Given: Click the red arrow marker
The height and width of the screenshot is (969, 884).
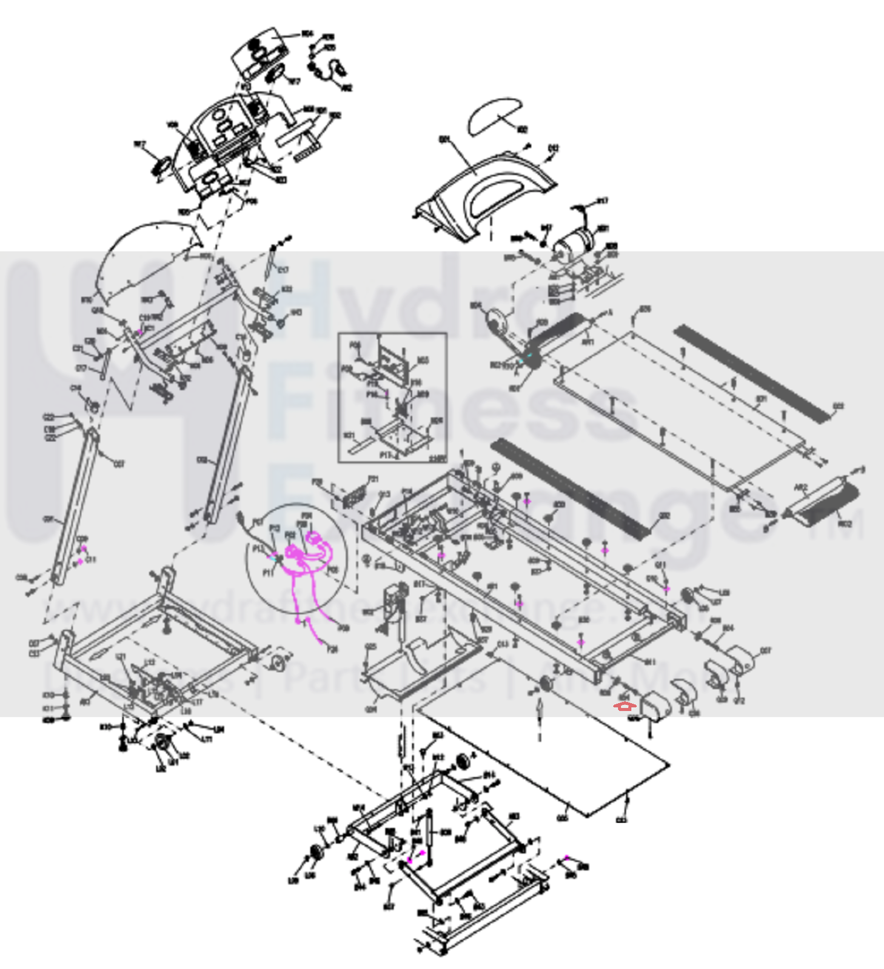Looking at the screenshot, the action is coord(624,705).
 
